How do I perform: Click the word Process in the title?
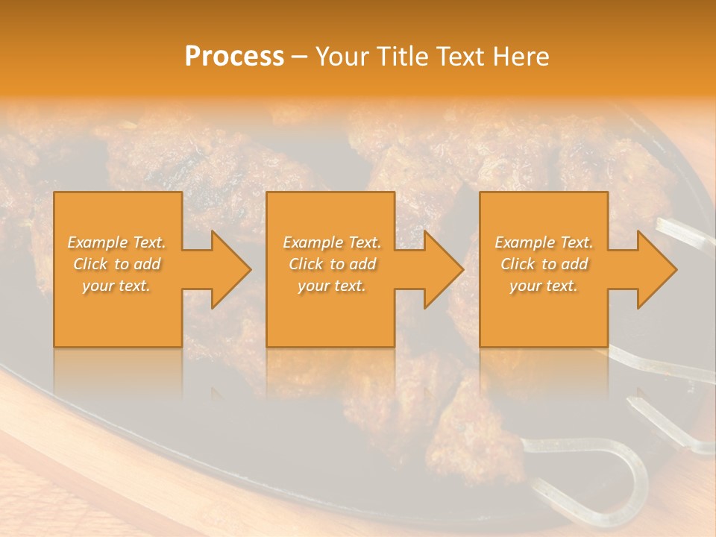click(x=234, y=57)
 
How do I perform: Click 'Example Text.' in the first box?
click(x=117, y=242)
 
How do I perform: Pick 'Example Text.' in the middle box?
click(x=332, y=242)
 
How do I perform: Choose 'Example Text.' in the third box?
click(x=544, y=242)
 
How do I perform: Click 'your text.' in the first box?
click(x=117, y=286)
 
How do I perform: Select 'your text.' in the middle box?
click(x=332, y=286)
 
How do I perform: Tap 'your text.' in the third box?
click(x=544, y=286)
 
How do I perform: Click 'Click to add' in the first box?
click(x=117, y=264)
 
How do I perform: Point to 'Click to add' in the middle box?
click(x=332, y=264)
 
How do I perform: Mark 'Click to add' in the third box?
click(x=544, y=264)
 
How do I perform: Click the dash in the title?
click(x=300, y=57)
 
